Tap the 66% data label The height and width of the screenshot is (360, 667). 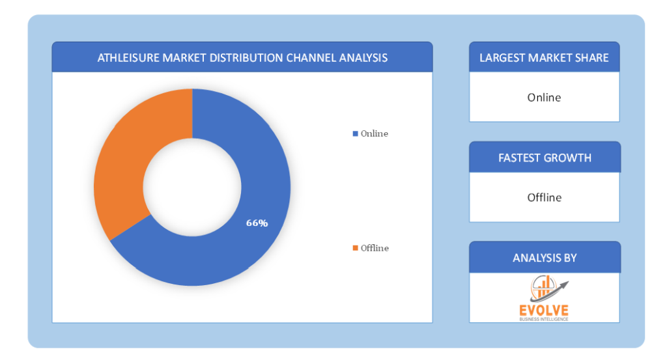click(257, 223)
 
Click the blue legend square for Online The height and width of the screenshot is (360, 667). click(355, 133)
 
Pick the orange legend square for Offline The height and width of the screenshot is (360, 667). click(355, 248)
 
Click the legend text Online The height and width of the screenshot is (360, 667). click(375, 133)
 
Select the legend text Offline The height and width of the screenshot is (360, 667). click(375, 248)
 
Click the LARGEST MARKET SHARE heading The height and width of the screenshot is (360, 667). click(544, 58)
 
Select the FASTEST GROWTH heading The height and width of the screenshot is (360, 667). click(545, 158)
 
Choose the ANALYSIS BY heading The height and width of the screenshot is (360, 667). click(545, 258)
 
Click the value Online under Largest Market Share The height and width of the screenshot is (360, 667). click(544, 98)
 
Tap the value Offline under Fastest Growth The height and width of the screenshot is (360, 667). click(545, 197)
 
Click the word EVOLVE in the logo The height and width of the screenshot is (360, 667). click(544, 311)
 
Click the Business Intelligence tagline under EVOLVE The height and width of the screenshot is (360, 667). click(544, 319)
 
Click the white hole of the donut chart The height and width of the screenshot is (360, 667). click(192, 187)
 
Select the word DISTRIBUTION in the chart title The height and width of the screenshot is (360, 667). click(246, 58)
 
